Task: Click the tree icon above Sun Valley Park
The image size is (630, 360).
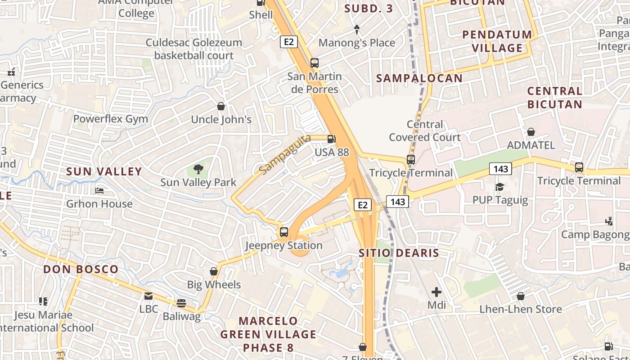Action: coord(198,169)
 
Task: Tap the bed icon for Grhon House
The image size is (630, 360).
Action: coord(99,191)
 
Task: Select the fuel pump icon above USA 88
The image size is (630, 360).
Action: coord(332,139)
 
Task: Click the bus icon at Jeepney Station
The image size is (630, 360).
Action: coord(283,232)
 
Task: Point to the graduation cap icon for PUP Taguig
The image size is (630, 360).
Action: coord(499,187)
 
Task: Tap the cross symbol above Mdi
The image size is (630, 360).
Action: coord(436,292)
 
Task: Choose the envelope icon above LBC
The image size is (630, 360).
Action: coord(148,296)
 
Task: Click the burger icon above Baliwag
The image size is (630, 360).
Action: coord(181,303)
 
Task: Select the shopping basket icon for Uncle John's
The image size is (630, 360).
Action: coord(221,106)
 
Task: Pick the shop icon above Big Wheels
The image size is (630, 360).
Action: coord(214,271)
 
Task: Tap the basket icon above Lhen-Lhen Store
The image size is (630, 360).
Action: coord(521,296)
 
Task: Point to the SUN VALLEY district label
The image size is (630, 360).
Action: coord(104,171)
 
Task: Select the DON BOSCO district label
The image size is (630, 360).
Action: coord(81,269)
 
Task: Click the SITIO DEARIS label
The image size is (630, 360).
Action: coord(399,253)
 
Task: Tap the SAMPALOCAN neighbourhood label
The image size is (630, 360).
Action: coord(419,78)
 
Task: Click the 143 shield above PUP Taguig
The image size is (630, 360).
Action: coord(500,169)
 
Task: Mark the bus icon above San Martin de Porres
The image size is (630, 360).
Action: coord(315,63)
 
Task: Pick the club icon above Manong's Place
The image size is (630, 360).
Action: coord(357,30)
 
